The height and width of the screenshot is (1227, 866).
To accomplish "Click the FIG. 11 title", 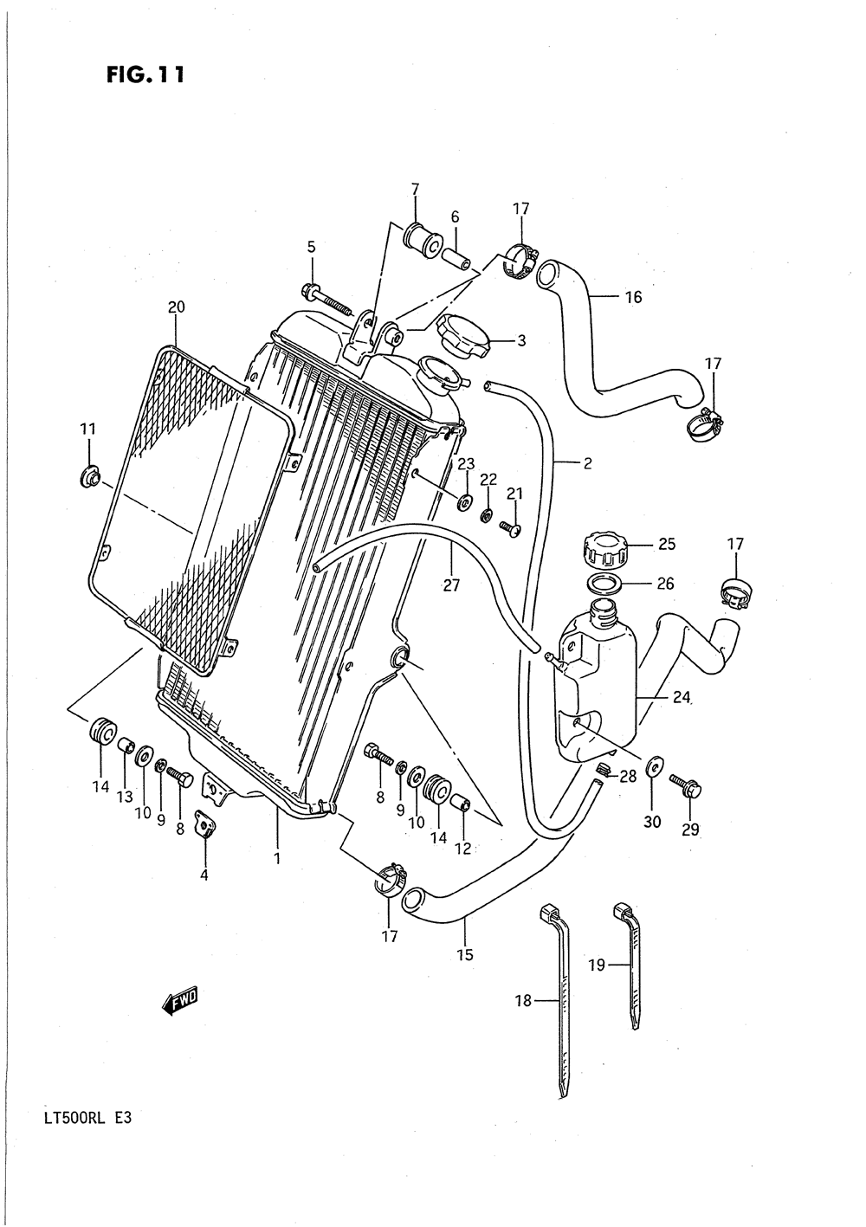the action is pos(145,75).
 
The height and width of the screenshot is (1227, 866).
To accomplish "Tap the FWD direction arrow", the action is pos(179,1001).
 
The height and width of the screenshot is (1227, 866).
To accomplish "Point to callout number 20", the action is pos(177,308).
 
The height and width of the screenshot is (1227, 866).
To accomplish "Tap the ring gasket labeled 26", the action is pos(604,584).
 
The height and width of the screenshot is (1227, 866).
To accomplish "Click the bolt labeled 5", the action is pos(326,299).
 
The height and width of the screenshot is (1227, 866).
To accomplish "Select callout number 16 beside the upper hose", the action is pos(633,297).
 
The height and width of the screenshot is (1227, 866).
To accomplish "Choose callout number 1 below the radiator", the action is pos(278,858).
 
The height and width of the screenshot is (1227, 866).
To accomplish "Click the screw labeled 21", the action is pos(511,528).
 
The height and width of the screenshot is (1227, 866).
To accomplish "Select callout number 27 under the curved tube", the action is pos(451,585).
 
